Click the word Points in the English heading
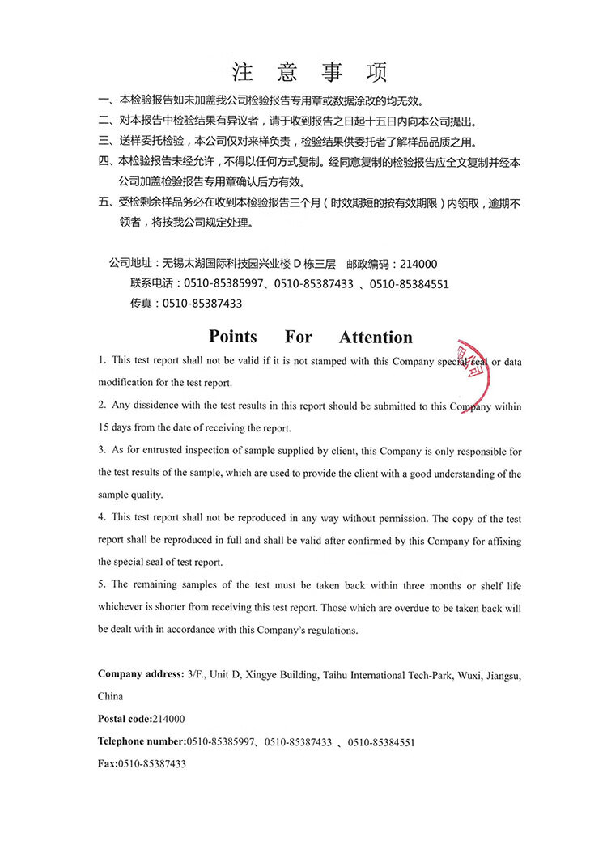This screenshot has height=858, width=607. click(x=232, y=337)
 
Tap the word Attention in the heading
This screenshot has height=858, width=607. click(x=376, y=338)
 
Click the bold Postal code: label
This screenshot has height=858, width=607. click(x=125, y=719)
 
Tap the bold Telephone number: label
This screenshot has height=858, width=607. click(x=142, y=741)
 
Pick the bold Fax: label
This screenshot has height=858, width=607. click(x=108, y=764)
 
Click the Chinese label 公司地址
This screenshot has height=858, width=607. click(x=129, y=264)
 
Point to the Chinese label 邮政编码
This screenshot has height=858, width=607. click(x=367, y=264)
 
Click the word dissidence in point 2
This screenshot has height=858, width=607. click(x=157, y=406)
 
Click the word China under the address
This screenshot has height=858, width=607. click(x=111, y=696)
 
